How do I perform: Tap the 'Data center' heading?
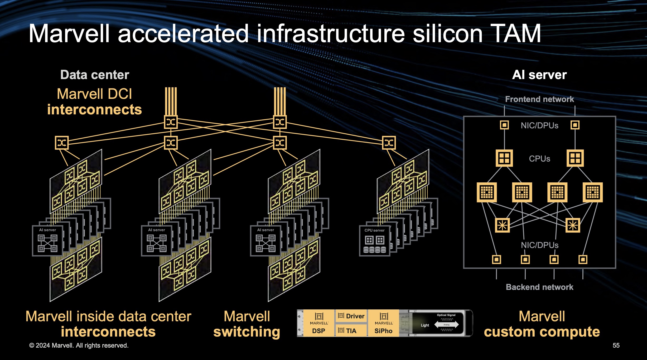(95, 75)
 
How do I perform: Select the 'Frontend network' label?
(539, 99)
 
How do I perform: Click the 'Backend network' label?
(539, 287)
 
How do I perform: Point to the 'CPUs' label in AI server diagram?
(539, 159)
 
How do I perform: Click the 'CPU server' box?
(374, 240)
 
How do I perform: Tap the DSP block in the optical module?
(319, 323)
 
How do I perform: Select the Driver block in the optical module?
(351, 316)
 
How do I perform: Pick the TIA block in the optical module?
(351, 330)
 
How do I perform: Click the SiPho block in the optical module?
(384, 323)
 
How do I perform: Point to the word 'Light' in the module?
(425, 325)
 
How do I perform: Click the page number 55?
(616, 346)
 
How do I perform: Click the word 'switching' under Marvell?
(247, 332)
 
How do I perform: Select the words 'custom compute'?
(542, 332)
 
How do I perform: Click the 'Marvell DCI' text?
(94, 94)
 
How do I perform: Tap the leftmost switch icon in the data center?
(62, 143)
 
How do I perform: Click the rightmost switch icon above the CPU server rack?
(389, 143)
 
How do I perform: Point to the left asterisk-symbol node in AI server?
(502, 225)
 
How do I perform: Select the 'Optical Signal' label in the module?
(446, 315)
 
